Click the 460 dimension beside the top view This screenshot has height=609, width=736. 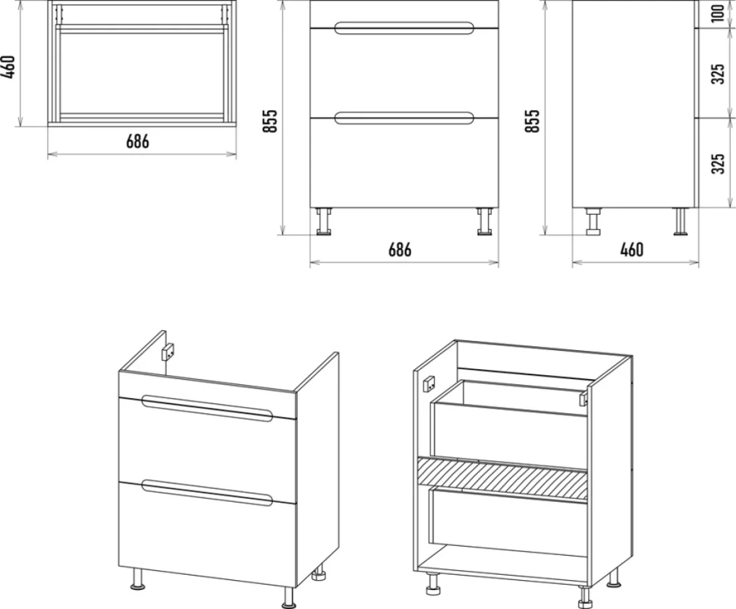(x=8, y=67)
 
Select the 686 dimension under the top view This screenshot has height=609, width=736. (x=137, y=141)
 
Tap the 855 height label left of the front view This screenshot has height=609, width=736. (x=270, y=121)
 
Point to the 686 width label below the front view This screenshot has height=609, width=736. (x=400, y=250)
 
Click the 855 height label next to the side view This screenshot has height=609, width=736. (x=533, y=121)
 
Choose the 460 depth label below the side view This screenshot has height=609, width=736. (x=632, y=250)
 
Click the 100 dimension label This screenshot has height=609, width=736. (x=718, y=14)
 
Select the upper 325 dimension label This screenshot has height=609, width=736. (x=718, y=74)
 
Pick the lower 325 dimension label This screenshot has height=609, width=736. (x=718, y=163)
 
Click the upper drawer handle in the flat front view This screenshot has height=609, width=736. (x=404, y=28)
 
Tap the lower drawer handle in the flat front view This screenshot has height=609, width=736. (x=404, y=118)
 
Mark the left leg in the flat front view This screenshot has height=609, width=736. (x=324, y=221)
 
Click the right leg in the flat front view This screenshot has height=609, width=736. (x=484, y=221)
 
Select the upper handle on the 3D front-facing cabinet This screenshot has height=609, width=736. (x=207, y=409)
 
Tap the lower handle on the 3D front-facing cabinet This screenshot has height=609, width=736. (x=207, y=493)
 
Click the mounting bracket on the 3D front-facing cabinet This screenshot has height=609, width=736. (x=168, y=352)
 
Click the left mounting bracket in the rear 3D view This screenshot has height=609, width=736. (x=429, y=384)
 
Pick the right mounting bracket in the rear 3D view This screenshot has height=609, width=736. (x=584, y=399)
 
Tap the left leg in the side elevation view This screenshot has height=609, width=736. (x=593, y=221)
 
